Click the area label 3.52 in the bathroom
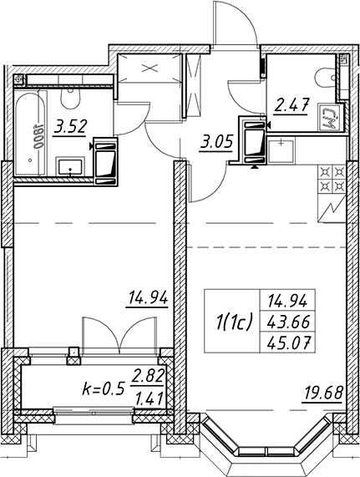click(x=70, y=127)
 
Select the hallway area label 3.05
click(x=216, y=142)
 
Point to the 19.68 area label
click(x=322, y=393)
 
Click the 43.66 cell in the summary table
click(x=287, y=322)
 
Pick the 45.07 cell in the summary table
click(x=287, y=343)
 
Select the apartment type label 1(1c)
click(x=233, y=322)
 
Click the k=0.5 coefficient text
click(x=104, y=388)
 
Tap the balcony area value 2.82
click(x=147, y=376)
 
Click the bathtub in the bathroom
click(x=31, y=133)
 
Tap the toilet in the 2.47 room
click(x=326, y=78)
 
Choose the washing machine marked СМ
click(x=330, y=117)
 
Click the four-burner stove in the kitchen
click(x=332, y=180)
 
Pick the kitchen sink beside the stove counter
click(x=281, y=150)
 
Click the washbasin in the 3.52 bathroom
click(x=70, y=167)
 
